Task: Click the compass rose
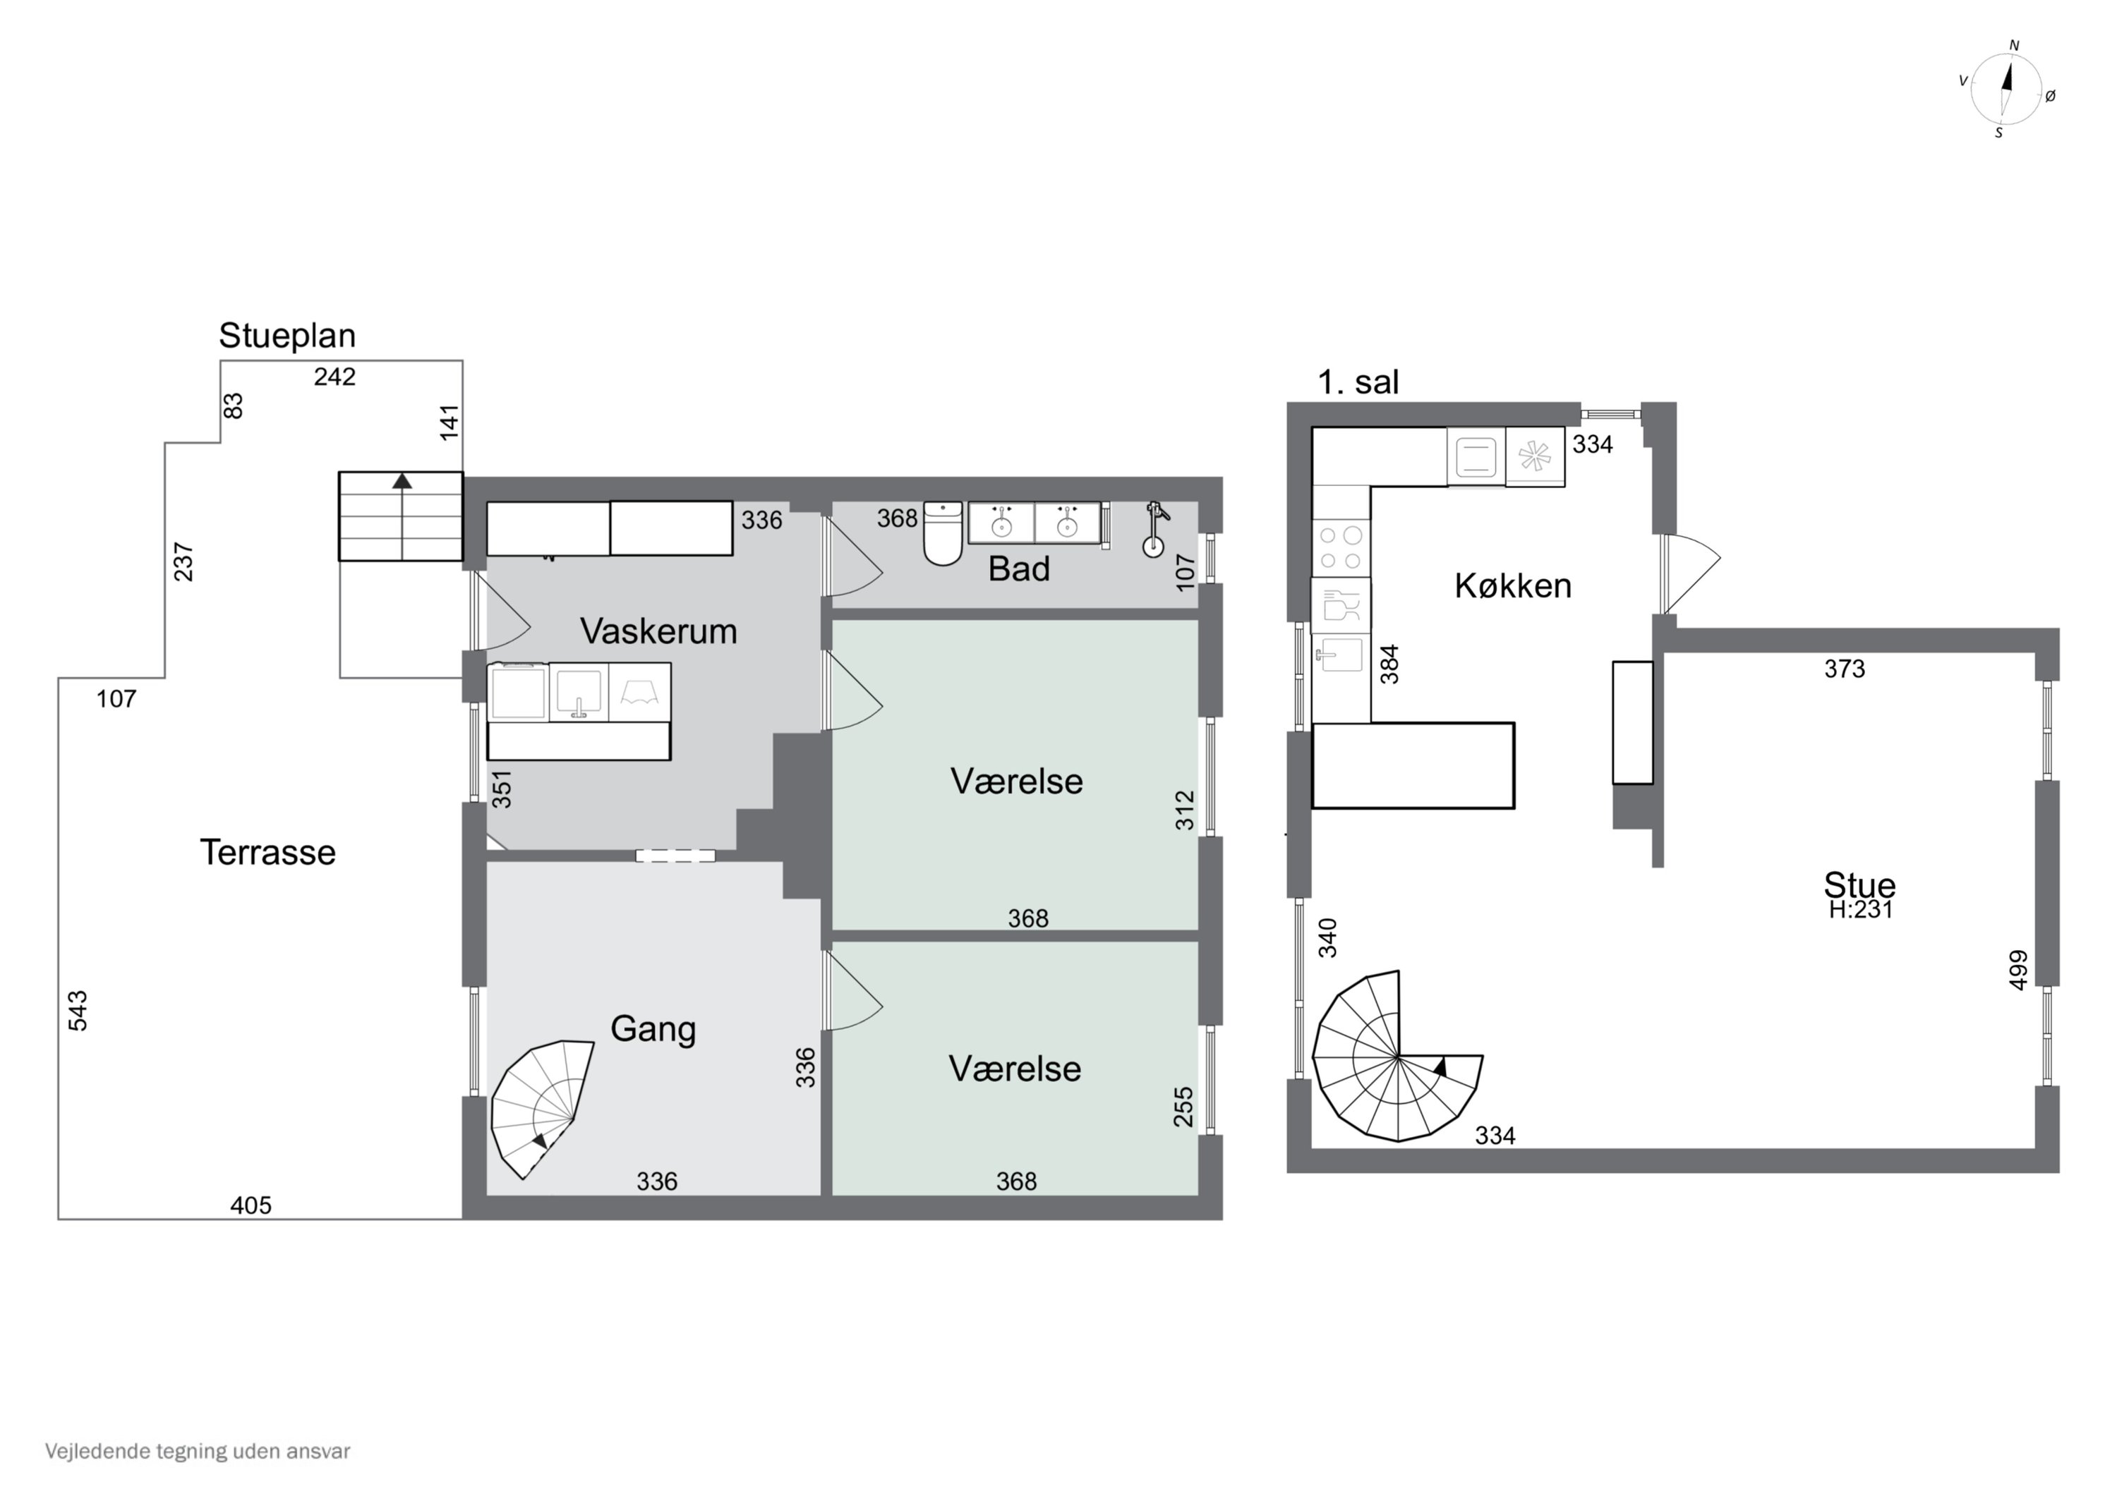(x=2006, y=88)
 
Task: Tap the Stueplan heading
(x=287, y=336)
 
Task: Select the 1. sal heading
(x=1358, y=382)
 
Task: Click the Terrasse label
(x=267, y=853)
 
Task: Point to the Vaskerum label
(x=658, y=631)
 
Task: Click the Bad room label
(x=1019, y=568)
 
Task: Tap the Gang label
(x=653, y=1028)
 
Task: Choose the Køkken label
(x=1513, y=585)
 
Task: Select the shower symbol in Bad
(x=1154, y=529)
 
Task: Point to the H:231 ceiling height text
(x=1861, y=910)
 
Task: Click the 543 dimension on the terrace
(x=78, y=1010)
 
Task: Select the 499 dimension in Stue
(x=2018, y=971)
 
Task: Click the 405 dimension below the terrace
(x=251, y=1205)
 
